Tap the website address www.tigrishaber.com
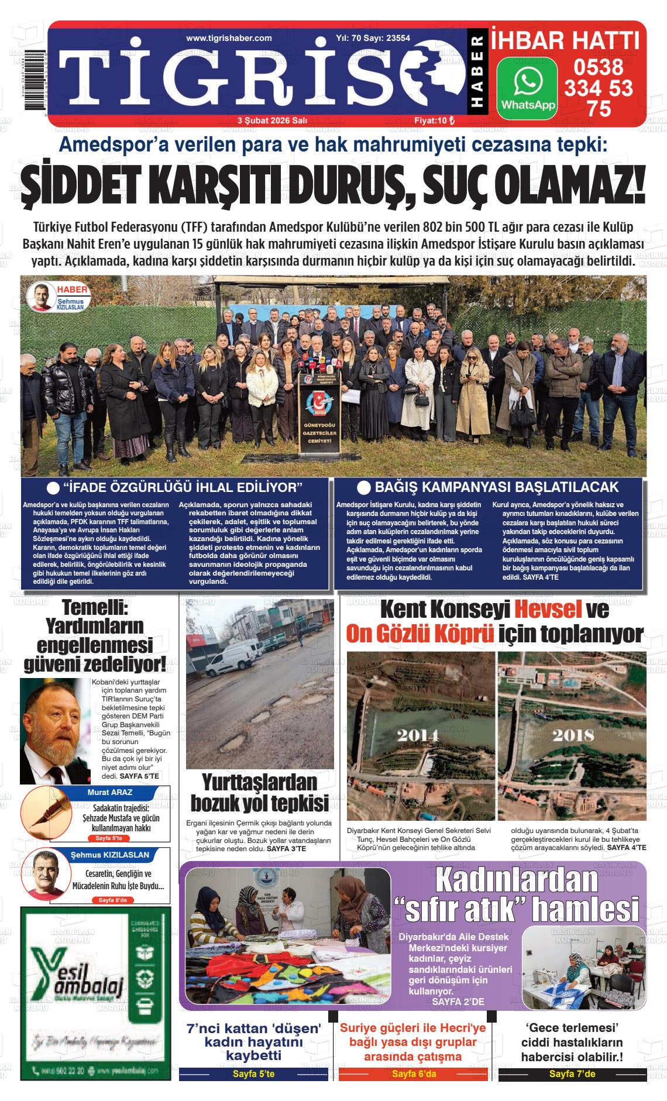tap(229, 38)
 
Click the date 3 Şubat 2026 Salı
tap(273, 120)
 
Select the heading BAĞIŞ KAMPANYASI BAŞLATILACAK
tap(496, 487)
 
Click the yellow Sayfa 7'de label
tap(572, 1075)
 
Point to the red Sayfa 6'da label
tap(414, 1075)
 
